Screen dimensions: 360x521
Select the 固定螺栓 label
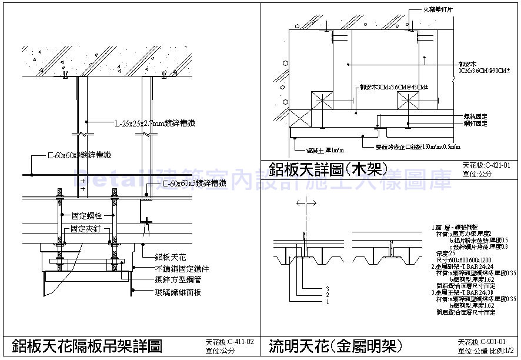84,216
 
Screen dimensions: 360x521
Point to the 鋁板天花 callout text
170,256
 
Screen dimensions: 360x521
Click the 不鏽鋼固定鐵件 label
178,268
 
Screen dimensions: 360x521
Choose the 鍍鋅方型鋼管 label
175,279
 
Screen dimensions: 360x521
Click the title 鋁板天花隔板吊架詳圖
86,345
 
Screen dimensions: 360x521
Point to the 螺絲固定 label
475,117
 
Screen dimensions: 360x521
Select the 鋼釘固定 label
475,124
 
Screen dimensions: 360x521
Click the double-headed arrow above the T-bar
306,203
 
